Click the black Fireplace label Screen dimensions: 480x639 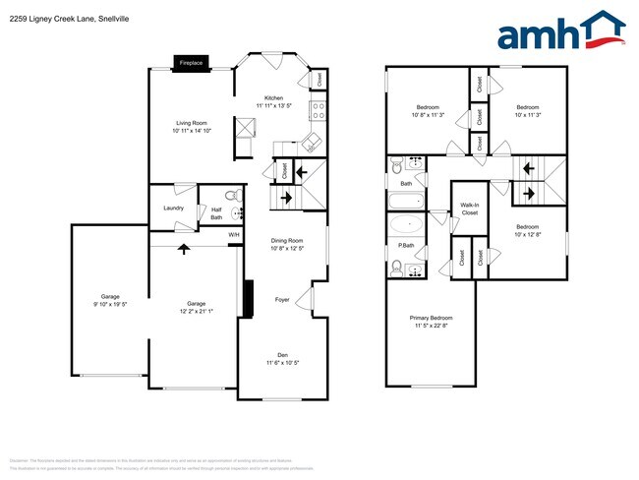click(191, 63)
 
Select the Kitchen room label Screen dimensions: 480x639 click(273, 98)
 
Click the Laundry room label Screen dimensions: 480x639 click(174, 209)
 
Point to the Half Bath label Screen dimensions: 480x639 click(216, 212)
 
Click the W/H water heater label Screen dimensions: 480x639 click(234, 235)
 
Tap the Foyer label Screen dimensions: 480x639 click(282, 300)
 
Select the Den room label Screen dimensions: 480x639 click(283, 356)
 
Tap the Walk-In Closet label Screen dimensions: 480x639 click(469, 209)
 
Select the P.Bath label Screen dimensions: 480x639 click(406, 245)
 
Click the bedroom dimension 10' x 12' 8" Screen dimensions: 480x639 click(529, 235)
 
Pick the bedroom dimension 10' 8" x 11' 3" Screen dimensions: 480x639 click(427, 114)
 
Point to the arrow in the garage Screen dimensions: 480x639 click(183, 248)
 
